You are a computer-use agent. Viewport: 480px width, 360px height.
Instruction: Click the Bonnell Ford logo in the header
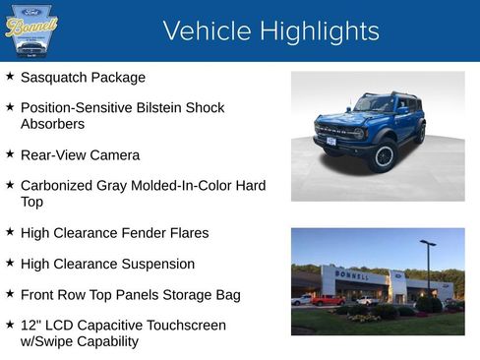coord(31,30)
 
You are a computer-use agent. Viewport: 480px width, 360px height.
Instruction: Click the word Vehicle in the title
coord(205,31)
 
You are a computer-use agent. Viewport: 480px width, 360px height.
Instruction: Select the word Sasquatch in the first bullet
coord(54,77)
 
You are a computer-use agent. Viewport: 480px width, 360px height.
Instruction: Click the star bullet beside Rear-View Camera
coord(10,154)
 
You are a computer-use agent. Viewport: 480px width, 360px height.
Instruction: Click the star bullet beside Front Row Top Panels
coord(10,294)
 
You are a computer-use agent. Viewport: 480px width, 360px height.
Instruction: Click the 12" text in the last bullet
coord(30,326)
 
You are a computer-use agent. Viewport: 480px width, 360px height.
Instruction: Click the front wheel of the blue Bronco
coord(384,155)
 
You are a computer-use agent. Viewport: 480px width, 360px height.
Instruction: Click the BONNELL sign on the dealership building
coord(352,274)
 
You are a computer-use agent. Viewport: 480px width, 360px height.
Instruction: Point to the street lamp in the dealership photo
coord(428,266)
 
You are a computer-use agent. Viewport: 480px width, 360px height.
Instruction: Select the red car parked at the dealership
coord(328,300)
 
